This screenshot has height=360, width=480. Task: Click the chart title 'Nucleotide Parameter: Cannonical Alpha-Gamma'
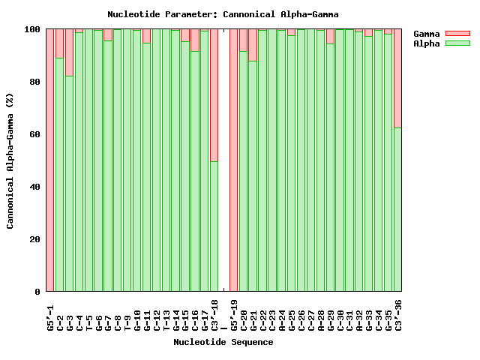click(223, 14)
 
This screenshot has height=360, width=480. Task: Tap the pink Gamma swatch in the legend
click(457, 34)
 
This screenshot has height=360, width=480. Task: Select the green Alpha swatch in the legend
click(457, 43)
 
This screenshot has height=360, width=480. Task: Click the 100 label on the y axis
click(29, 29)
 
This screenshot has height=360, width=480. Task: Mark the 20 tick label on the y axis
click(32, 239)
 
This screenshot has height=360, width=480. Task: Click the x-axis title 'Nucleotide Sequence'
click(223, 342)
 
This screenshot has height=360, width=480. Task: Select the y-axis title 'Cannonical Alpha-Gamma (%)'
click(10, 160)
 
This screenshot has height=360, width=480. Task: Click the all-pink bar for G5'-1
click(50, 160)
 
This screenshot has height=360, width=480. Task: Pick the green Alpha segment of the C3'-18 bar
click(214, 226)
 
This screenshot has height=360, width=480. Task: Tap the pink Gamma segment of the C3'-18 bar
click(214, 95)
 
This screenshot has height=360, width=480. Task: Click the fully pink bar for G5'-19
click(233, 160)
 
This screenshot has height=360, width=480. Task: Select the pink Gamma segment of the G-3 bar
click(69, 52)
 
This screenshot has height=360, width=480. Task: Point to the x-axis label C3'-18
click(214, 315)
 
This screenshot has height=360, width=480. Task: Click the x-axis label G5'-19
click(234, 315)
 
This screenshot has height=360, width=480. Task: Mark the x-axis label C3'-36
click(398, 315)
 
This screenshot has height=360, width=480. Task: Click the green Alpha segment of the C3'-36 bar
click(397, 209)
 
